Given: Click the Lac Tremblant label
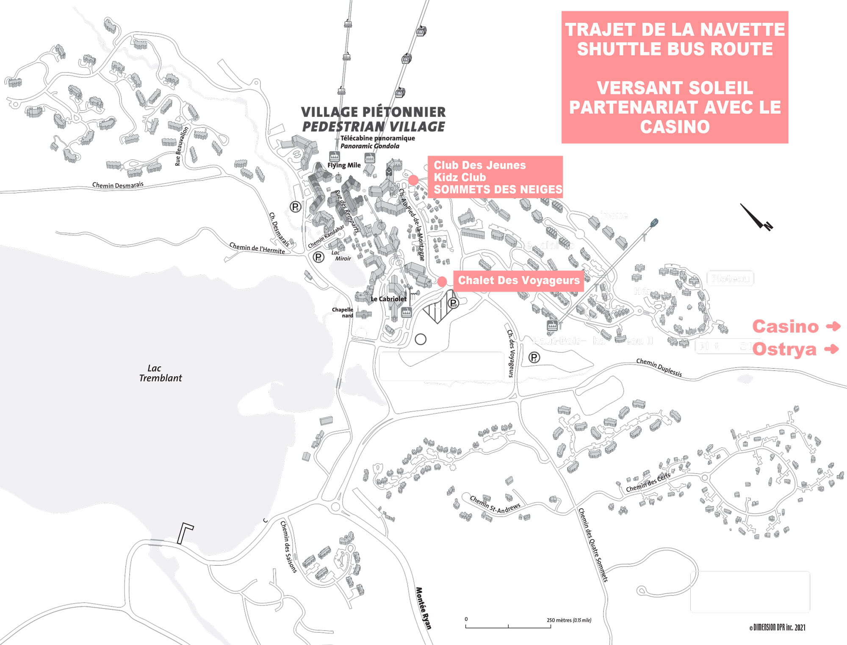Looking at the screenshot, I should [160, 373].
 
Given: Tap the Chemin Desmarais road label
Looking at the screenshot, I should [118, 185].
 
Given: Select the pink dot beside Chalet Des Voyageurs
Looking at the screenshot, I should [442, 281].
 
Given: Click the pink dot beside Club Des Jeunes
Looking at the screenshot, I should [413, 180].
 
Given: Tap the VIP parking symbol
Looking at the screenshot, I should [453, 303].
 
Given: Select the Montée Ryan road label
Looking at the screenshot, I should [423, 608].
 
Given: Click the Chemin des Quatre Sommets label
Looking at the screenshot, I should [593, 545].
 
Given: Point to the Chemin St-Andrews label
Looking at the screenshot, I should [495, 505].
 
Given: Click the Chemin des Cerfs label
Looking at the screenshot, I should [648, 482].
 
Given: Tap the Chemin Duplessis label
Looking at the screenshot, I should [659, 367].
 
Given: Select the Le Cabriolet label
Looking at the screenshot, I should [388, 299].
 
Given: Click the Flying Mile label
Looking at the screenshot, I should [344, 165].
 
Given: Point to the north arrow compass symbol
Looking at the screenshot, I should [757, 217].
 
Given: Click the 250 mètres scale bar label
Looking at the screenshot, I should [568, 620].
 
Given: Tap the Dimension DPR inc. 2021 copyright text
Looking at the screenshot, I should [777, 628].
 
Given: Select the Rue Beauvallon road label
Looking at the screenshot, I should [181, 146].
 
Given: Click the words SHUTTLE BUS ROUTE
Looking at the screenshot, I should [675, 49].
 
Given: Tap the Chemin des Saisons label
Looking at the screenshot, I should [288, 547].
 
